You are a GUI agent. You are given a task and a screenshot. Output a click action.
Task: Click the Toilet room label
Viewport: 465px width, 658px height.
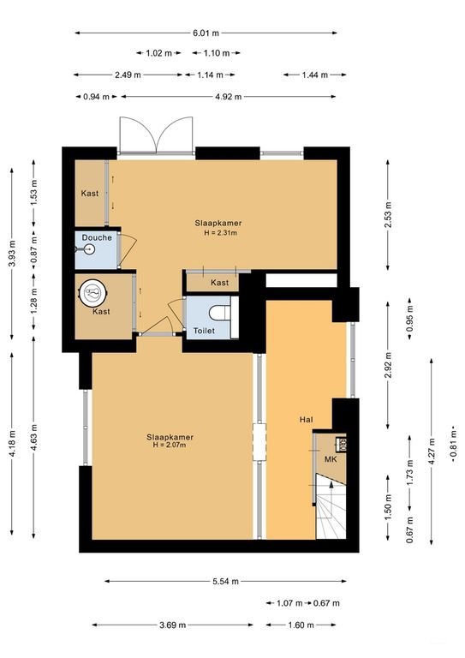point(204,330)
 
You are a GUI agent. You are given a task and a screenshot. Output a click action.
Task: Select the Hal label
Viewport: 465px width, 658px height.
point(306,419)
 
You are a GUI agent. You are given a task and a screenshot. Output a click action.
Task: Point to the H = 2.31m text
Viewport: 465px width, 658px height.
point(217,232)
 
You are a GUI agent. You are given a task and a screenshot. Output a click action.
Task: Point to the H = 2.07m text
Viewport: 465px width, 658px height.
point(169,445)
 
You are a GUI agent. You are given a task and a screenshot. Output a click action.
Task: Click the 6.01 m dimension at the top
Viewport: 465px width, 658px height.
point(206,33)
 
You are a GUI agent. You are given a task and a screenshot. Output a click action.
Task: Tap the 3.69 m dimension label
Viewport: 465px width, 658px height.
point(174,625)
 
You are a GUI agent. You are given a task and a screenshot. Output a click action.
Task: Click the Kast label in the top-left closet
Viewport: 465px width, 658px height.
point(90,194)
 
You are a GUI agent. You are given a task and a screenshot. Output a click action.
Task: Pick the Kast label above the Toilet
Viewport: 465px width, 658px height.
point(219,282)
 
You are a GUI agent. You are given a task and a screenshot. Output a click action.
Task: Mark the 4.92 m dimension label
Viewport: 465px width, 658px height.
point(227,96)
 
